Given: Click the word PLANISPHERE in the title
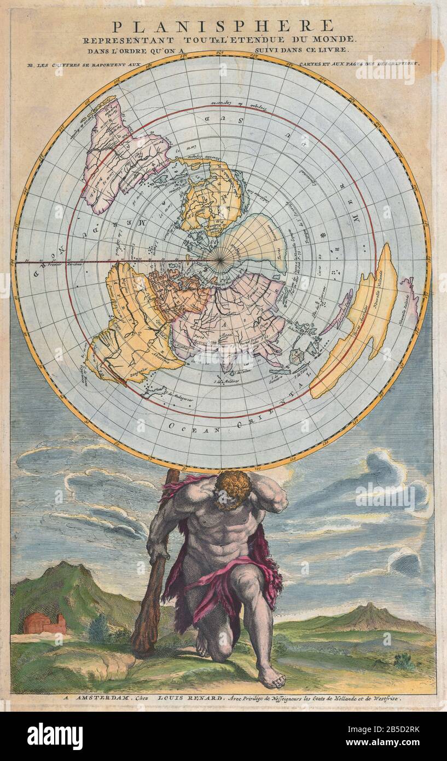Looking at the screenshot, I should click(223, 26).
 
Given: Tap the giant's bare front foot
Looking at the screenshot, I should click(271, 678).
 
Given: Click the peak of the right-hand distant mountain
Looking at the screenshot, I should click(370, 606).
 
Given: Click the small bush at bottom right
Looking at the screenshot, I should click(404, 661).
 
